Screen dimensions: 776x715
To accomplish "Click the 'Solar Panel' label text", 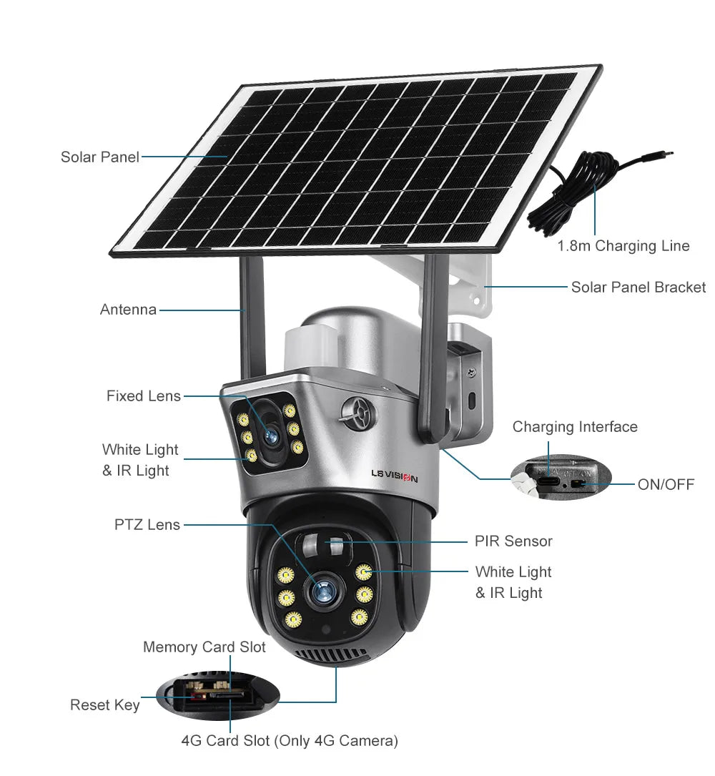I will point(99,157).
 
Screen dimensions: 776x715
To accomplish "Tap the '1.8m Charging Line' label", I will point(623,246).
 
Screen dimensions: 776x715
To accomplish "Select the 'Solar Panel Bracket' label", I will point(638,288).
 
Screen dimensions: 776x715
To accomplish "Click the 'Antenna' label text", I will point(128,310).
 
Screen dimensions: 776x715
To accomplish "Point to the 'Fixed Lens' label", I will point(144,396).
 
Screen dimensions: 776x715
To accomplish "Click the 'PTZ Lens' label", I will point(147,525).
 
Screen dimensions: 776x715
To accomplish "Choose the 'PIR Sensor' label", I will point(513,541).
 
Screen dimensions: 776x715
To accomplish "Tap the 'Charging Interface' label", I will point(575,427).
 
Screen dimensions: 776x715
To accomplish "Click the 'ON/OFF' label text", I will point(666,485).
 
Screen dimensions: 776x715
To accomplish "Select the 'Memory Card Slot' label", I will point(204,647).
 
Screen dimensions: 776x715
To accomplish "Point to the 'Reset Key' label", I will point(105,705).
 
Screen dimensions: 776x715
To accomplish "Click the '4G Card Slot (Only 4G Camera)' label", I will point(289,741).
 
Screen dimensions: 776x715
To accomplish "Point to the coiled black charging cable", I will point(572,197).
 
